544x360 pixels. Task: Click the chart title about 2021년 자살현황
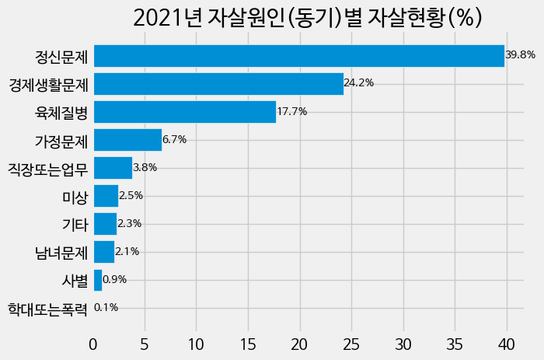308,18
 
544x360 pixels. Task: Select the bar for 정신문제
298,56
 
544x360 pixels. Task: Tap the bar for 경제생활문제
218,84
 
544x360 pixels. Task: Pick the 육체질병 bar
185,112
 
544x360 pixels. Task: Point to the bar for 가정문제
127,140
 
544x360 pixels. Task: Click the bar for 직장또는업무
113,168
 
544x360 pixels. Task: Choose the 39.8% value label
520,56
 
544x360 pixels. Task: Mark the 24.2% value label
359,84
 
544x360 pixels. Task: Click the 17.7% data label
292,112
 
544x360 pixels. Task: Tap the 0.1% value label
106,308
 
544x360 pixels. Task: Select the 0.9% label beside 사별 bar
114,280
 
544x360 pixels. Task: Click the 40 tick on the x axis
507,344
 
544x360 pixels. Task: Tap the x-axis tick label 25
351,344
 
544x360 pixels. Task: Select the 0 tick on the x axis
93,344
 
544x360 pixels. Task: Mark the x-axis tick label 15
248,344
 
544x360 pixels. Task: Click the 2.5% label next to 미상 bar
131,196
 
